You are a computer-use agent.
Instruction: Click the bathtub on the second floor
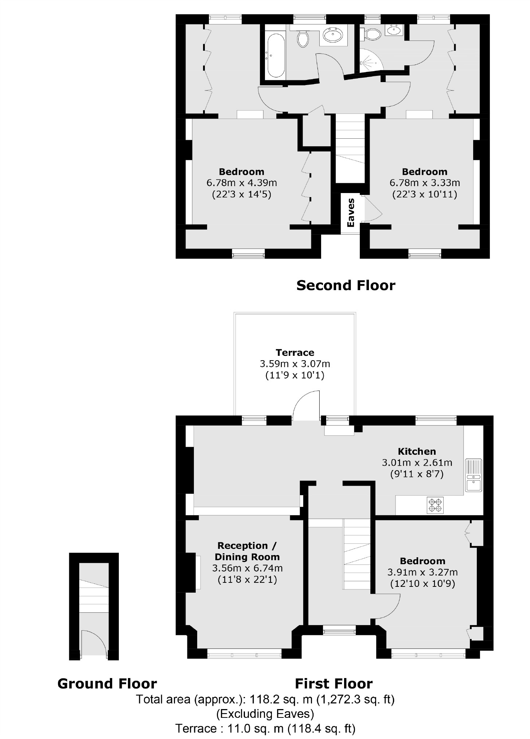tap(276, 56)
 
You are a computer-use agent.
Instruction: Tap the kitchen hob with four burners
tap(436, 505)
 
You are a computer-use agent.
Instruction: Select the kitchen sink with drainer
tap(474, 475)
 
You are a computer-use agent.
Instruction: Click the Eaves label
tap(351, 213)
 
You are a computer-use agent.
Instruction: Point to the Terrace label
tap(295, 353)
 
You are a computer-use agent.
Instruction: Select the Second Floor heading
tap(346, 285)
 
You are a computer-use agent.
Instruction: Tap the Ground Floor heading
tap(107, 683)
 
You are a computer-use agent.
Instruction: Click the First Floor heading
tap(334, 683)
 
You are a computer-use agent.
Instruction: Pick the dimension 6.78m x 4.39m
tap(242, 182)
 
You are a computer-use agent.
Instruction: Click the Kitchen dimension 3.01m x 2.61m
tap(417, 463)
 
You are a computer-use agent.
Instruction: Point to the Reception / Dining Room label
tap(247, 551)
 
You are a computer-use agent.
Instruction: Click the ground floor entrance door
tap(94, 644)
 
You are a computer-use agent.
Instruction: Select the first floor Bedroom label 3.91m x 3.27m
tap(422, 572)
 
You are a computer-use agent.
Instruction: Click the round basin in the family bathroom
tap(333, 36)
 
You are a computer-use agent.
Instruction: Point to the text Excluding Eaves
tap(265, 713)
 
